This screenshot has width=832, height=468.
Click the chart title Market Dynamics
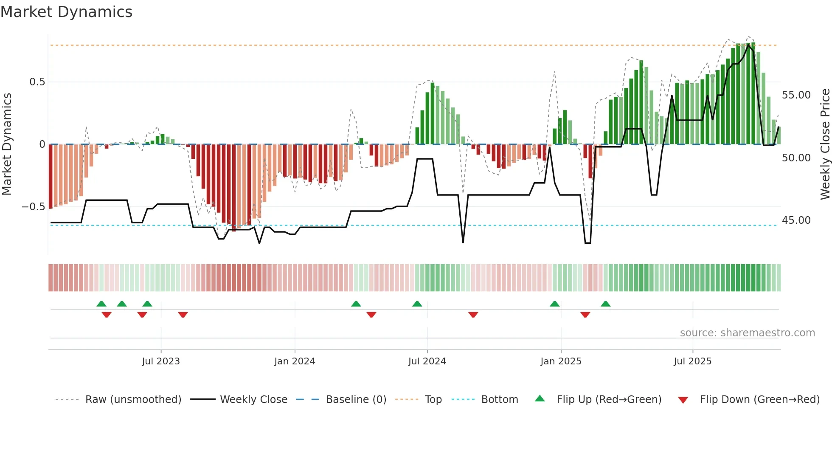tap(66, 12)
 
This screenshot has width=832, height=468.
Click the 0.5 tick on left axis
tap(37, 82)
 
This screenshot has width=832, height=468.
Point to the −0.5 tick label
tap(33, 207)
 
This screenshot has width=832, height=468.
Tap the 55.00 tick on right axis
tap(796, 95)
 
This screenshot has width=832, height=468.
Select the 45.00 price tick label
tap(796, 220)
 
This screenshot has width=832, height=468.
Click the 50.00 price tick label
tap(796, 158)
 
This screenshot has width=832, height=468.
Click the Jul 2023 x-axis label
tap(161, 361)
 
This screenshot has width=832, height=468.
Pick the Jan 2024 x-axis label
tap(295, 361)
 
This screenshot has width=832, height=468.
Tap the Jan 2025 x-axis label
tap(561, 361)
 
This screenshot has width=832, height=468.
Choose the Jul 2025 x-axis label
tap(692, 361)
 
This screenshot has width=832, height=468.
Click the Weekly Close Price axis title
tap(825, 144)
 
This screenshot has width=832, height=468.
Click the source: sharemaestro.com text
tap(747, 333)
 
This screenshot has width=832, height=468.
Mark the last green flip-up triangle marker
tap(606, 304)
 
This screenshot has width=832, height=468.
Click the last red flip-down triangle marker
tap(585, 315)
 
